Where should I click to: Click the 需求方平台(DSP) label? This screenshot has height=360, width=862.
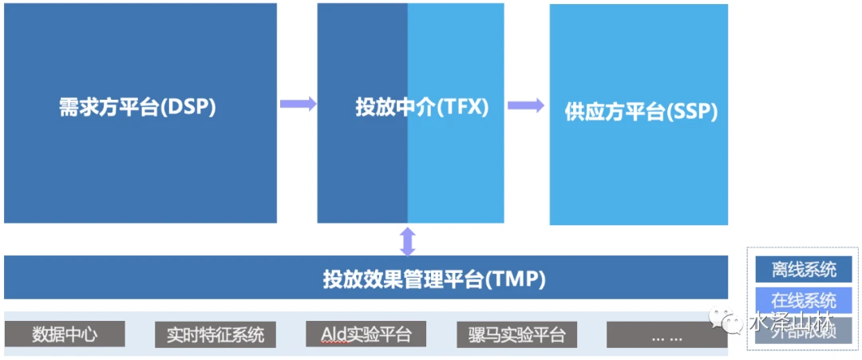[x=137, y=107]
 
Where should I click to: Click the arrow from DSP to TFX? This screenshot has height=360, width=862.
[x=298, y=104]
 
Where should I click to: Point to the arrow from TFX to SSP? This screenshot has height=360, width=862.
[x=526, y=105]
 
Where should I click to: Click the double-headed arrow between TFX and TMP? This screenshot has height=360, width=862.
[x=408, y=240]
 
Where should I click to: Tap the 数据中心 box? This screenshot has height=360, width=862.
[x=65, y=334]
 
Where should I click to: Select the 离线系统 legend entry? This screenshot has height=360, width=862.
[x=804, y=270]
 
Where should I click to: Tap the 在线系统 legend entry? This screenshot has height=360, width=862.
[x=804, y=300]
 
